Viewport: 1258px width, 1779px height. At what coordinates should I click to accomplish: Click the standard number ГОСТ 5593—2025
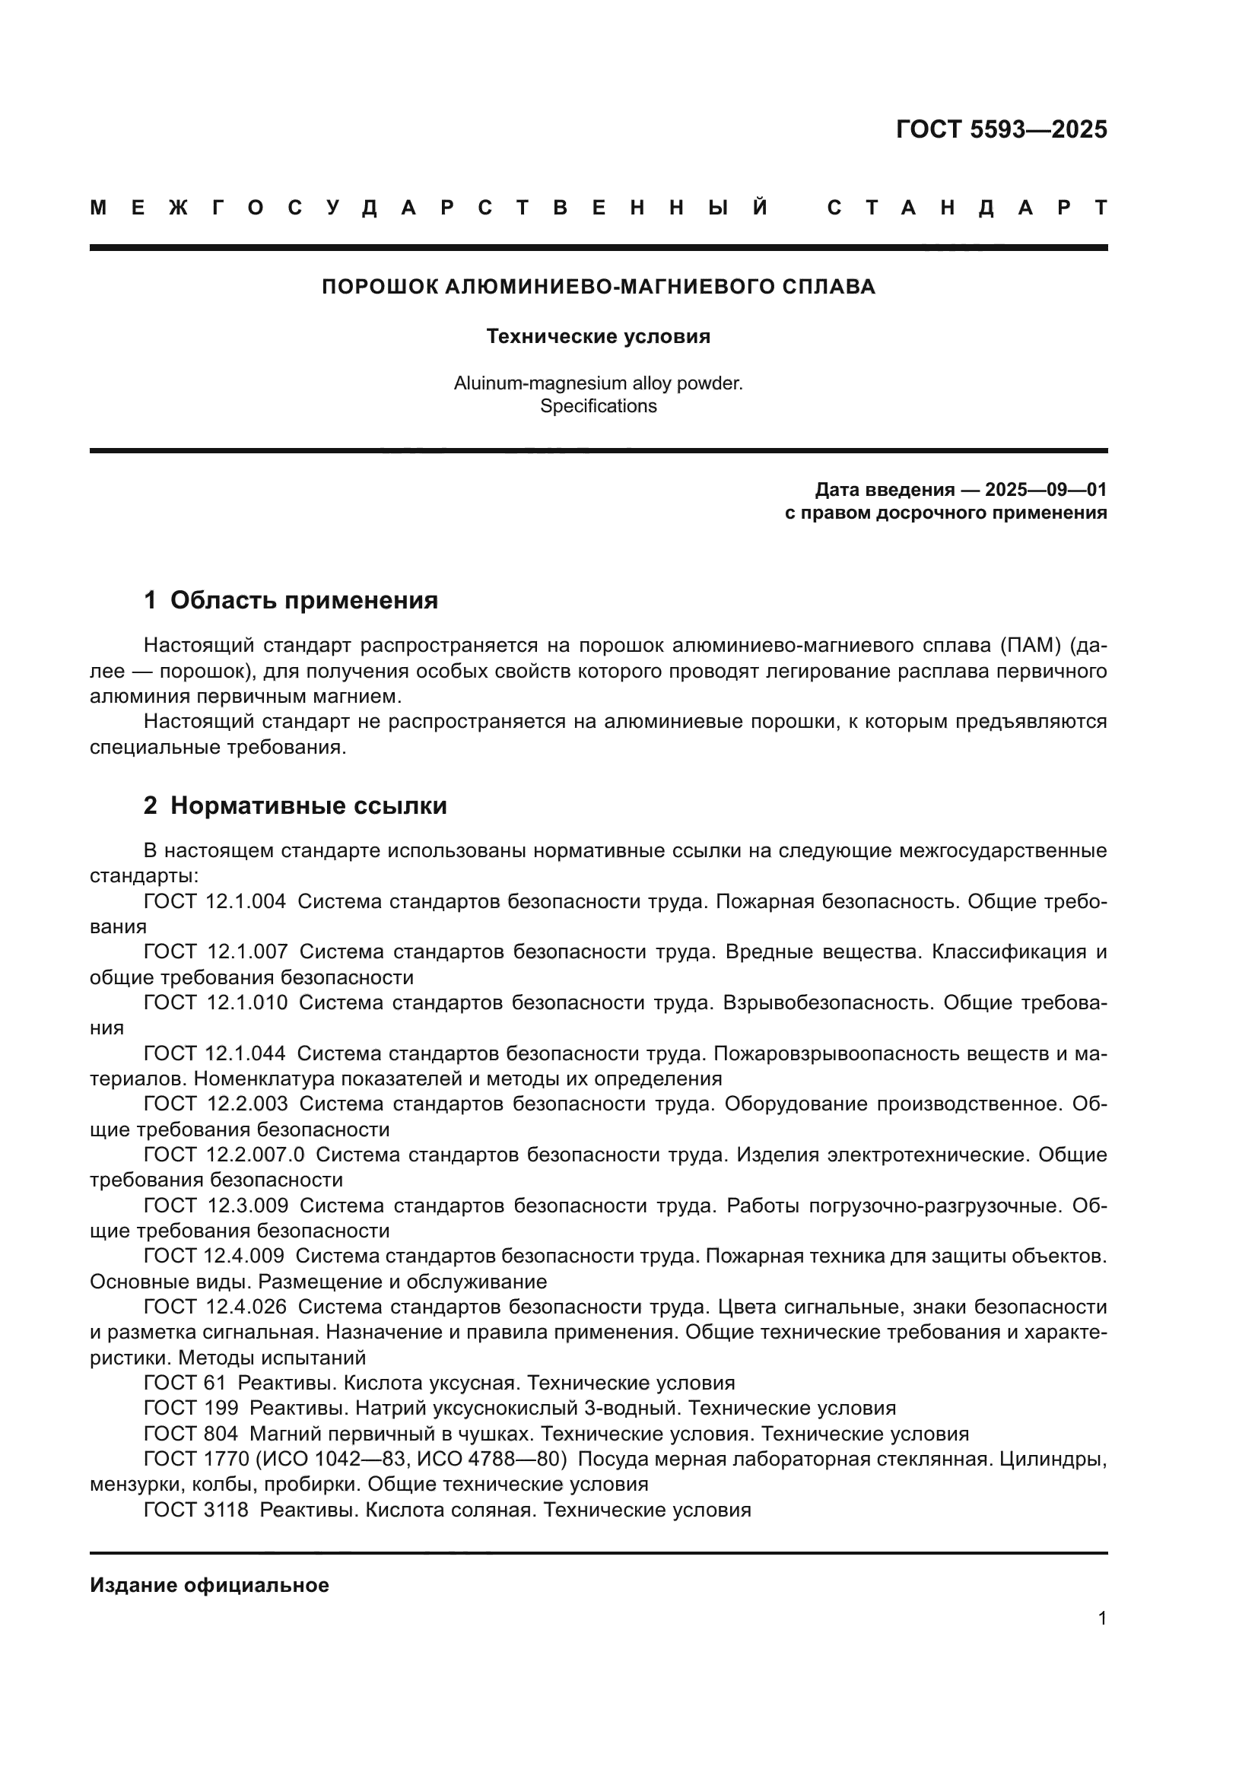coord(1001,129)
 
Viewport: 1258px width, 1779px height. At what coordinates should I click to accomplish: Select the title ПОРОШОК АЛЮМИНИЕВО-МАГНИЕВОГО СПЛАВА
coord(598,287)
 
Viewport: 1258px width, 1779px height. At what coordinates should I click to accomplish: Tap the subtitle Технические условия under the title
coord(598,336)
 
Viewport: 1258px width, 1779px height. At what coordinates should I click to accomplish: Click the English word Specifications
coord(598,406)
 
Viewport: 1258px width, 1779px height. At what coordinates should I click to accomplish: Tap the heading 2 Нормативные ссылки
coord(295,805)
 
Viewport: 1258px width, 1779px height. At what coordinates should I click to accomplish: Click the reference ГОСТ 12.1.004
coord(214,901)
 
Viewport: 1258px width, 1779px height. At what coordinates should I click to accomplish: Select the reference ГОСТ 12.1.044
coord(214,1053)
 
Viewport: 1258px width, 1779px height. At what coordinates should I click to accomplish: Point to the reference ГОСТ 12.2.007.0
coord(224,1155)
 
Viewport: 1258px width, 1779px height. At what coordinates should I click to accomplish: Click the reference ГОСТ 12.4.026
coord(214,1307)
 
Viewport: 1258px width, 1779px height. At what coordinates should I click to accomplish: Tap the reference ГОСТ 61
coord(184,1382)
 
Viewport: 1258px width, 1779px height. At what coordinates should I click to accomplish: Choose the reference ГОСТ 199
coord(191,1408)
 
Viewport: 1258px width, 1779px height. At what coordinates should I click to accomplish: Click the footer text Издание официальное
coord(209,1585)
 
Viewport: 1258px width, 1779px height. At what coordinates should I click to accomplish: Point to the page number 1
coord(1101,1618)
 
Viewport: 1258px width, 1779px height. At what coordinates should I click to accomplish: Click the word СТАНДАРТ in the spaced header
coord(967,208)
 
